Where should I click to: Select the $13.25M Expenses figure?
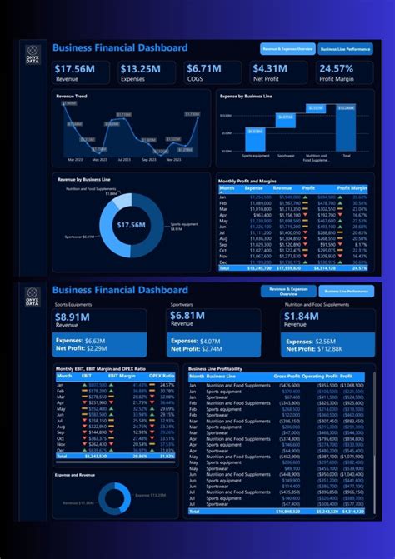pyautogui.click(x=140, y=68)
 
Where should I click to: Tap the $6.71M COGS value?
pyautogui.click(x=204, y=68)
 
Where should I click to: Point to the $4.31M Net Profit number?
pyautogui.click(x=270, y=68)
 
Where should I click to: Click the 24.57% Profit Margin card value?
pyautogui.click(x=337, y=68)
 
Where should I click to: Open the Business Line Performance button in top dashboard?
pyautogui.click(x=345, y=49)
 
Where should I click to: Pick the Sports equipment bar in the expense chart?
pyautogui.click(x=255, y=138)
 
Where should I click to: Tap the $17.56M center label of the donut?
pyautogui.click(x=132, y=225)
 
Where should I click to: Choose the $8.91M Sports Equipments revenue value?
pyautogui.click(x=73, y=317)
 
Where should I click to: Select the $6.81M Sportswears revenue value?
pyautogui.click(x=188, y=317)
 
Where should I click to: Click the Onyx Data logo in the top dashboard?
pyautogui.click(x=32, y=52)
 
